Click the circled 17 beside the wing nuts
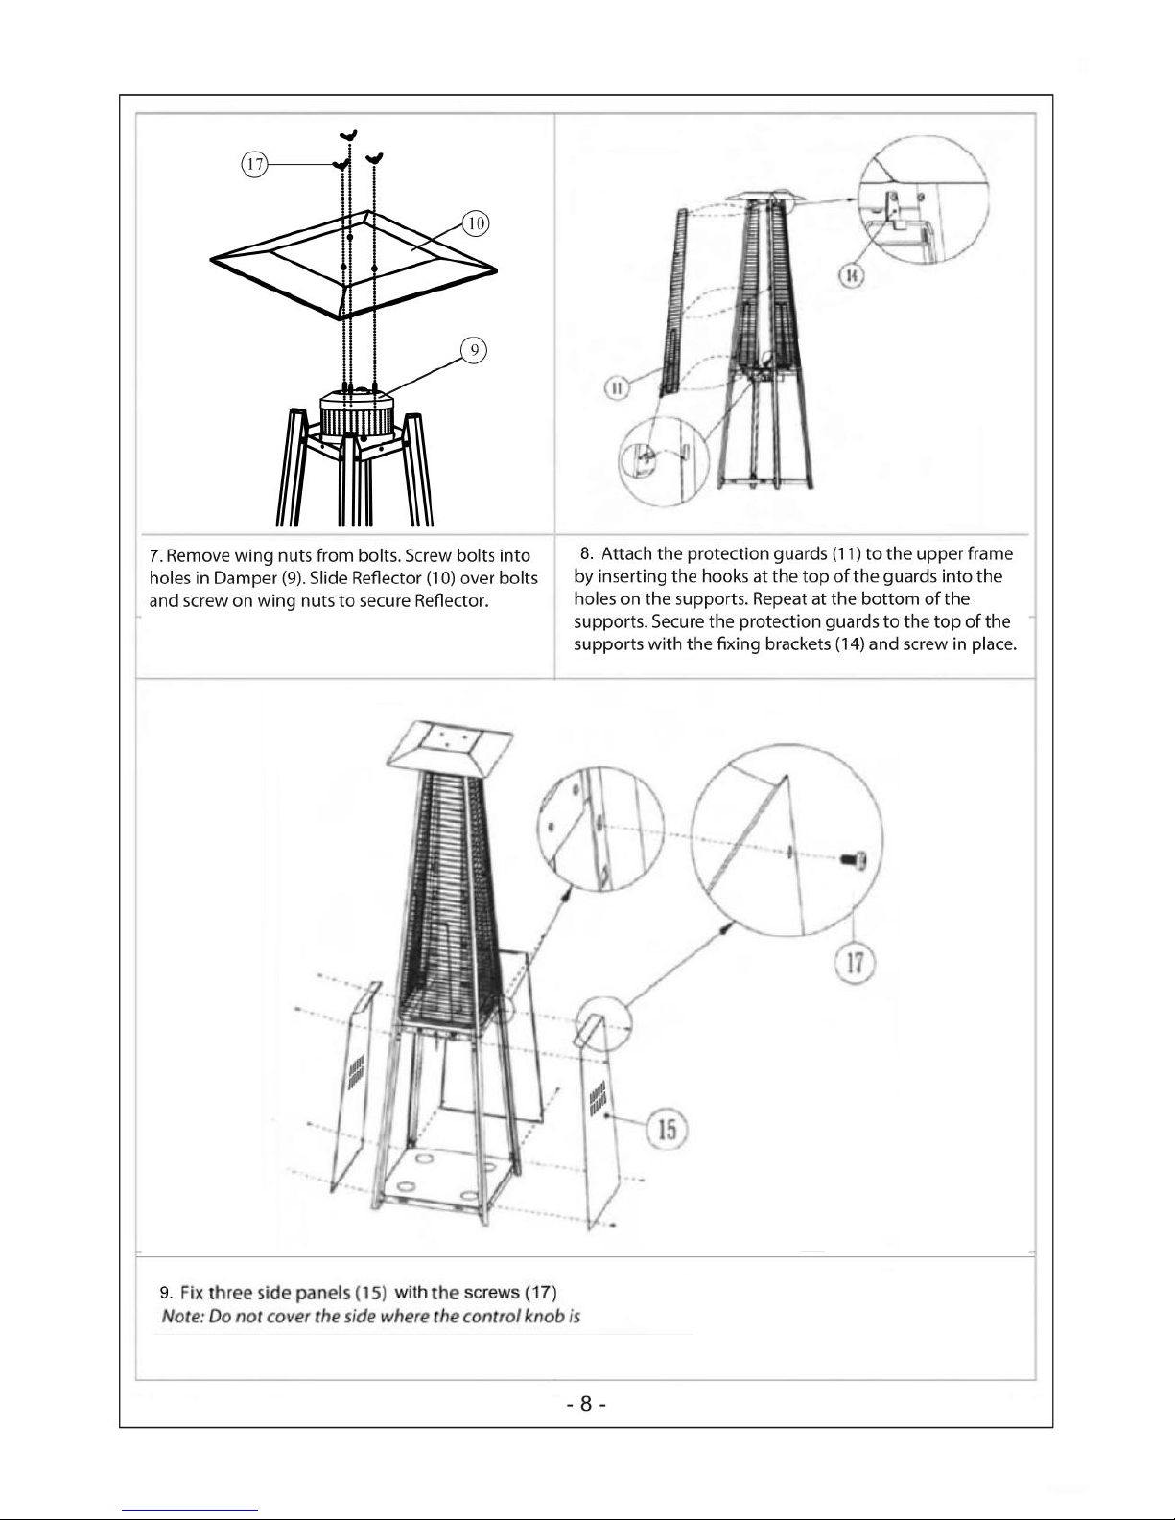tap(254, 164)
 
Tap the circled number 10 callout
tap(476, 223)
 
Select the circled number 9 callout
tap(474, 350)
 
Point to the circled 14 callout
tap(851, 275)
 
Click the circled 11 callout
tap(617, 388)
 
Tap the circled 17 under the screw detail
tap(855, 963)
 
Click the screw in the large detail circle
tap(854, 858)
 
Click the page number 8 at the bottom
tap(586, 1403)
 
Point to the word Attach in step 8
tap(626, 553)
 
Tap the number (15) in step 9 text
tap(371, 1293)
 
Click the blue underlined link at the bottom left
tap(190, 1511)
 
